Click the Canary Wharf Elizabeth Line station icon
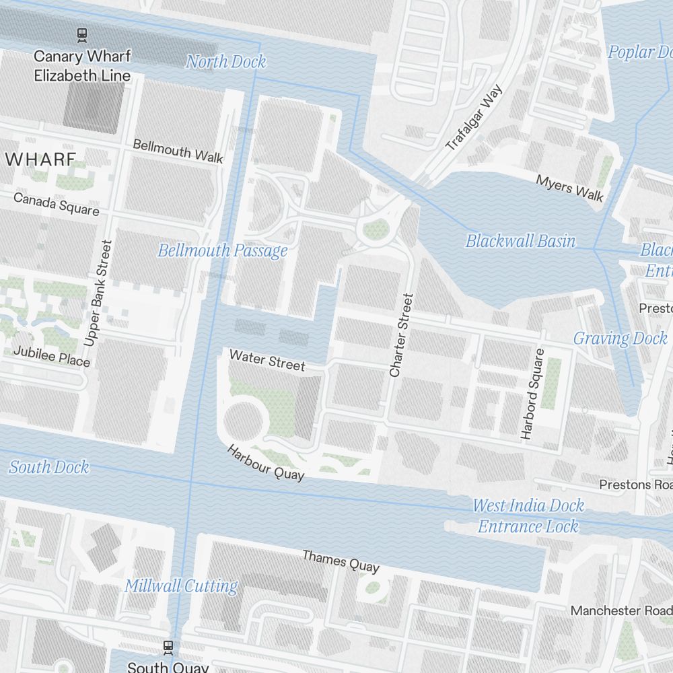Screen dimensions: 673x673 82,34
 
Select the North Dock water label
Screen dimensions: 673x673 226,62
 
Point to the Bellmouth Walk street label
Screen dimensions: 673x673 178,150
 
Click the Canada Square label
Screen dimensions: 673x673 57,204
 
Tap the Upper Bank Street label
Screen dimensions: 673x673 97,293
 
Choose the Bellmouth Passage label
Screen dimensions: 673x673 223,251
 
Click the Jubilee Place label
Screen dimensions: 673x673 51,357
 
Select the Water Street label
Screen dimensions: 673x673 267,360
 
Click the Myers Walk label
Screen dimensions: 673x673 569,188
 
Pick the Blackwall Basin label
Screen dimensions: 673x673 520,241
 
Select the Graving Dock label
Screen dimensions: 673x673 620,339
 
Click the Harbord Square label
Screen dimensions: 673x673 531,394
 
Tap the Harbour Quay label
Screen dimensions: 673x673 265,462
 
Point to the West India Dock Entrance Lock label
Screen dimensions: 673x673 528,516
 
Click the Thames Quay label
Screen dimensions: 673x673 341,561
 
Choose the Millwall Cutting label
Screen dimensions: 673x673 181,586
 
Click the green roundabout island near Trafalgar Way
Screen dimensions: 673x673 376,231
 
